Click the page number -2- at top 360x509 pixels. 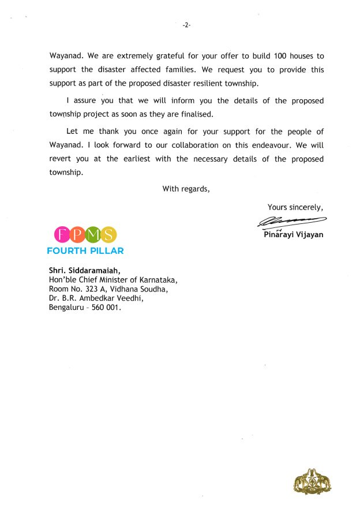(x=186, y=25)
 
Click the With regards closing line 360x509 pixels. (x=186, y=188)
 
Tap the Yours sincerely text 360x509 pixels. (x=295, y=207)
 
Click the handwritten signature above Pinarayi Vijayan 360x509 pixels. (x=292, y=221)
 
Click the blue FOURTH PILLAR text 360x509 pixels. (x=85, y=251)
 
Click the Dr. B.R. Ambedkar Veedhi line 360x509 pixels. (x=95, y=298)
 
